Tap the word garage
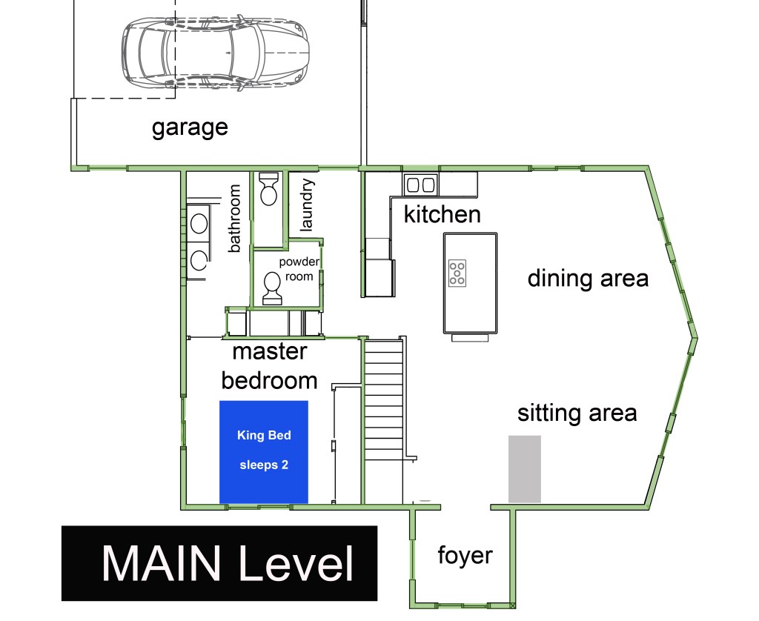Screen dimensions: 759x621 pyautogui.click(x=190, y=127)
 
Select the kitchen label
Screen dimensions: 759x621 pyautogui.click(x=442, y=214)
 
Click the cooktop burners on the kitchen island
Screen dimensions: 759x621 pyautogui.click(x=457, y=273)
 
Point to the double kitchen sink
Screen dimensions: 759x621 pyautogui.click(x=420, y=185)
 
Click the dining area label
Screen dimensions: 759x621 pyautogui.click(x=588, y=279)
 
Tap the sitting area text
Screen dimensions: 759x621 pyautogui.click(x=577, y=414)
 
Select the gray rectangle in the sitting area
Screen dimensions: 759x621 pyautogui.click(x=524, y=469)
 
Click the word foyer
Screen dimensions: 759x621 pyautogui.click(x=465, y=555)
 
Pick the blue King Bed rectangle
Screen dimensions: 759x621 pyautogui.click(x=264, y=452)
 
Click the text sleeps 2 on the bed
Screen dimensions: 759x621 pyautogui.click(x=264, y=465)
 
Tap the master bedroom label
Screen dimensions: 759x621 pyautogui.click(x=269, y=366)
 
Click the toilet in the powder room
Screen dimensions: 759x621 pyautogui.click(x=271, y=288)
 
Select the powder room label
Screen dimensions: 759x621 pyautogui.click(x=299, y=269)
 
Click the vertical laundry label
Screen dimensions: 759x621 pyautogui.click(x=307, y=205)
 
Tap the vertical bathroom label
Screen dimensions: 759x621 pyautogui.click(x=234, y=219)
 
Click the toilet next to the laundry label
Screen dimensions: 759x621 pyautogui.click(x=268, y=189)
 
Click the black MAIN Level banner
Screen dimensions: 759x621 pyautogui.click(x=219, y=563)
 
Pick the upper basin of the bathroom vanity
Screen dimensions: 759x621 pyautogui.click(x=199, y=224)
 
